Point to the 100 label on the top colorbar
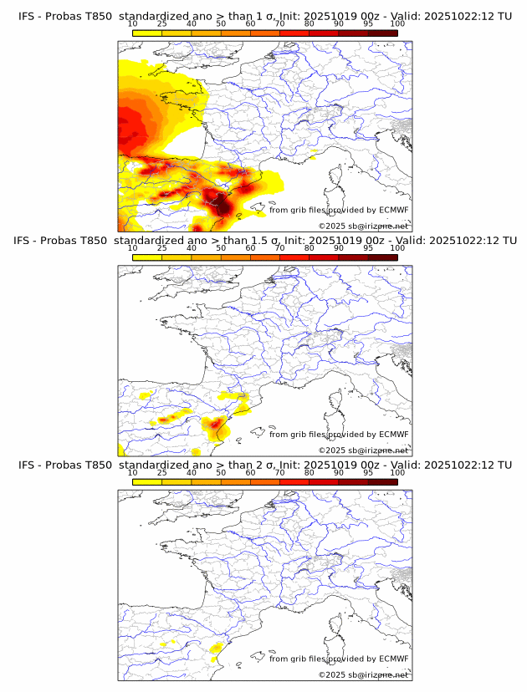[397, 24]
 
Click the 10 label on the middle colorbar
[133, 248]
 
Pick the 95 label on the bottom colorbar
[368, 472]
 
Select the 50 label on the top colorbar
[221, 24]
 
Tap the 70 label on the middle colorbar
[279, 248]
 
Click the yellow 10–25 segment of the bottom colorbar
[147, 481]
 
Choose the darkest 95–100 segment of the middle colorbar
[382, 257]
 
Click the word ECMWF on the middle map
[394, 435]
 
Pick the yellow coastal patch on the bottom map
[214, 659]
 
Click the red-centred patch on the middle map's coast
[217, 425]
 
